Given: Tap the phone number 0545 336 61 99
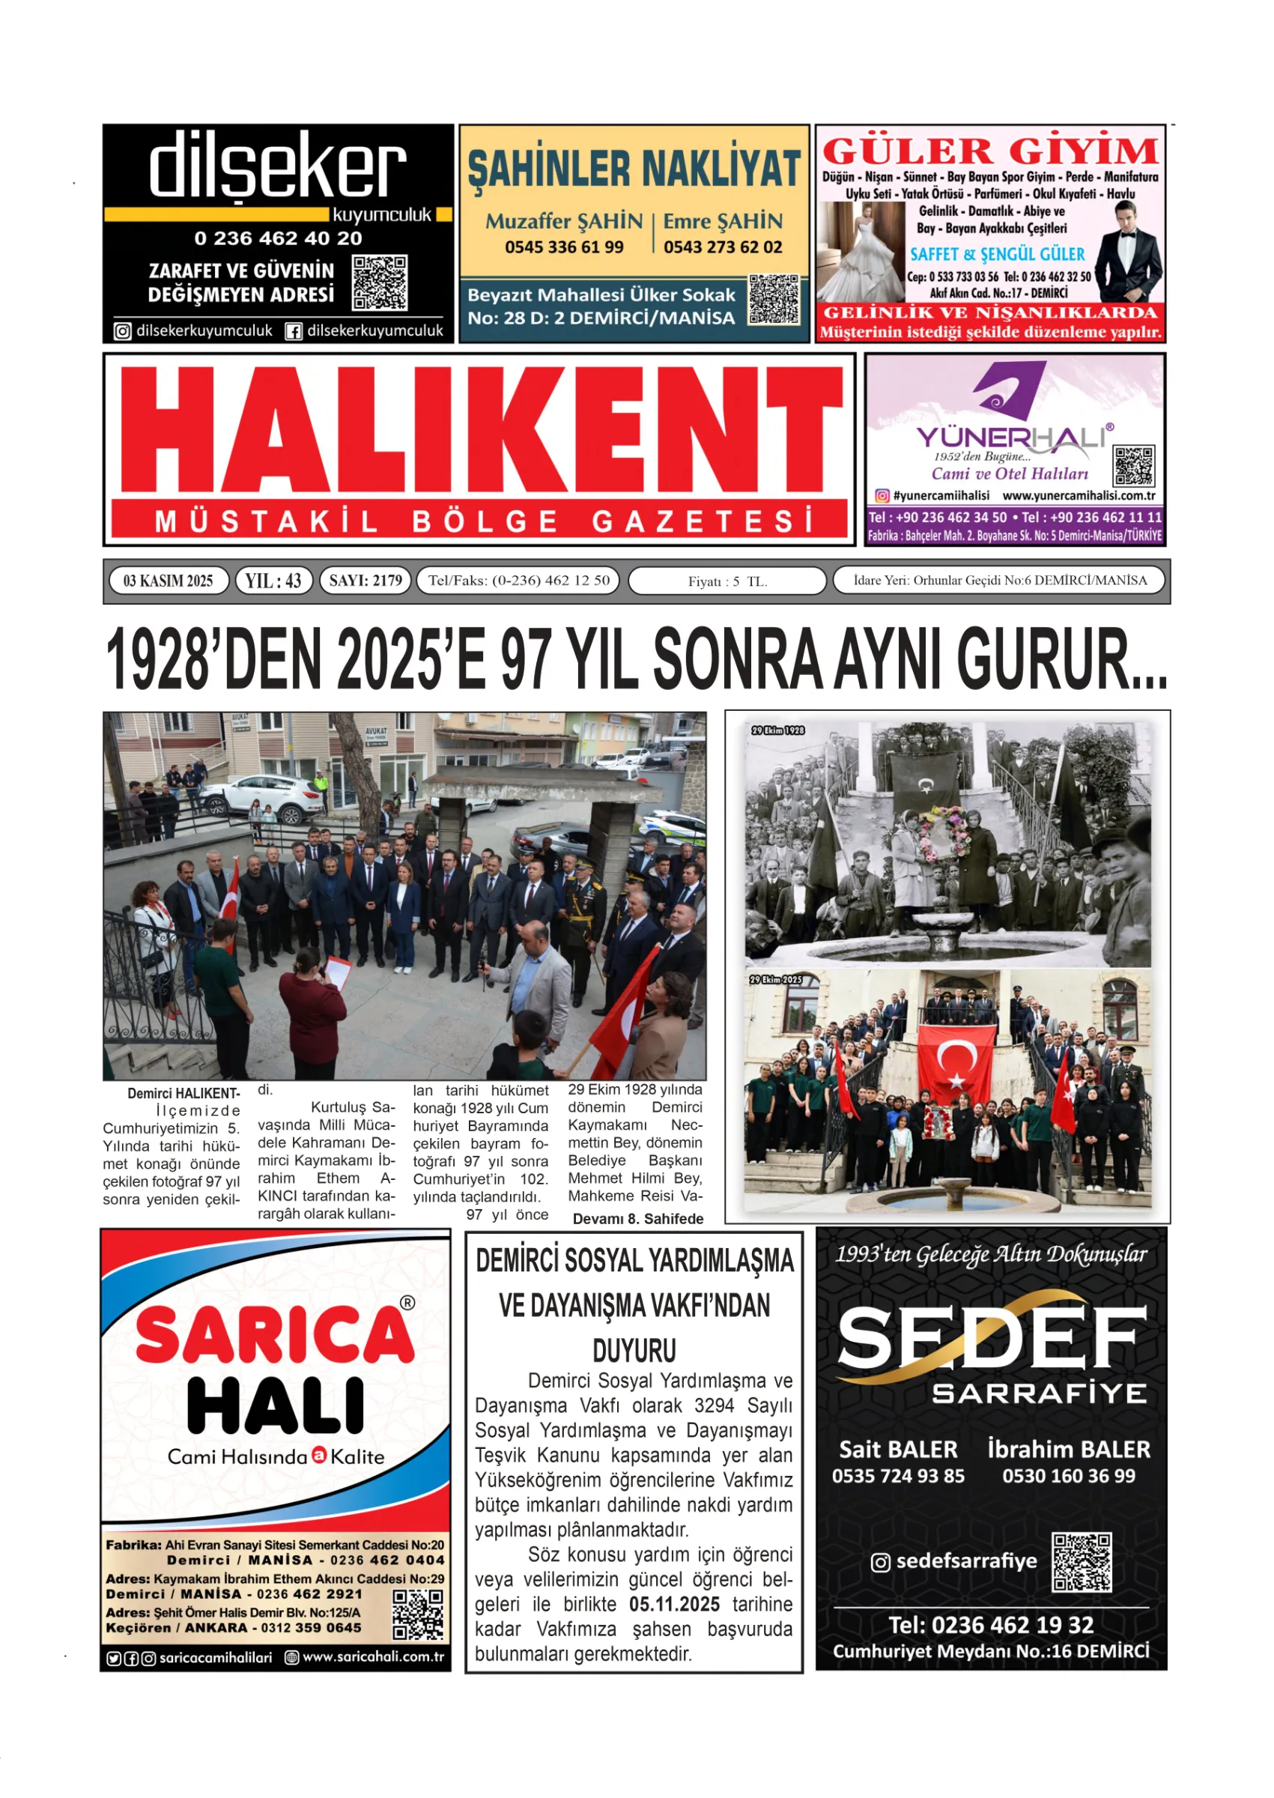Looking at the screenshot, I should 564,247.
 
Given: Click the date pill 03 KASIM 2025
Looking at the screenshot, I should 168,581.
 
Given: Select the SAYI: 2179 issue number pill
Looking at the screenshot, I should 365,581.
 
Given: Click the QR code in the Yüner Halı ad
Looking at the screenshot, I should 1134,466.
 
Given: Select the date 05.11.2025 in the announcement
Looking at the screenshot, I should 674,1604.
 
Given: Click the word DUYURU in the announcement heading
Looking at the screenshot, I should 634,1351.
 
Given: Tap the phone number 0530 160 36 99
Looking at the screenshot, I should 1069,1476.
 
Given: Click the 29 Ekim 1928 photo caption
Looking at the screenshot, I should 777,730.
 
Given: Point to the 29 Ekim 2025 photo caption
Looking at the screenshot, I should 776,980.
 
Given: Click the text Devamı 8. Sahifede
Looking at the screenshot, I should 638,1218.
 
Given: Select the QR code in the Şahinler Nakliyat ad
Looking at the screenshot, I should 774,300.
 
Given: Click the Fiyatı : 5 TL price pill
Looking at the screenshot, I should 727,581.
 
